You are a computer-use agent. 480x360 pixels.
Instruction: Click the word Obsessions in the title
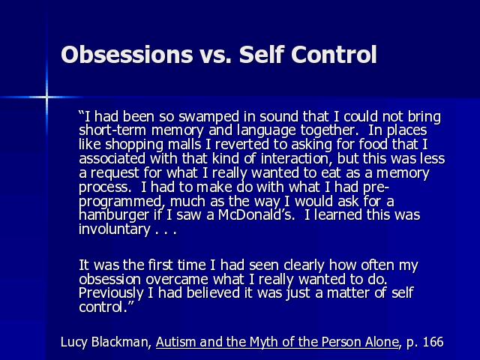click(127, 55)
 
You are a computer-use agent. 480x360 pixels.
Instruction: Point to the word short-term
click(113, 130)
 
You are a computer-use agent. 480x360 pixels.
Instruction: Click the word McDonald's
click(256, 215)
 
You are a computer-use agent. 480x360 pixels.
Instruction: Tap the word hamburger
click(114, 215)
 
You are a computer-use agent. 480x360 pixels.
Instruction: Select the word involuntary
click(115, 229)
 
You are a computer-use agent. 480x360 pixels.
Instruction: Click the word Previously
click(111, 293)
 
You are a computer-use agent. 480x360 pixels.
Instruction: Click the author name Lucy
click(73, 342)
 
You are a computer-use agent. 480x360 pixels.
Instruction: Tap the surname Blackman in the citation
click(121, 342)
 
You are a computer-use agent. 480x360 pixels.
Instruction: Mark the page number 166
click(433, 342)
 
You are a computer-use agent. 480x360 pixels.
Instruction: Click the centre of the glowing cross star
click(46, 97)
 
